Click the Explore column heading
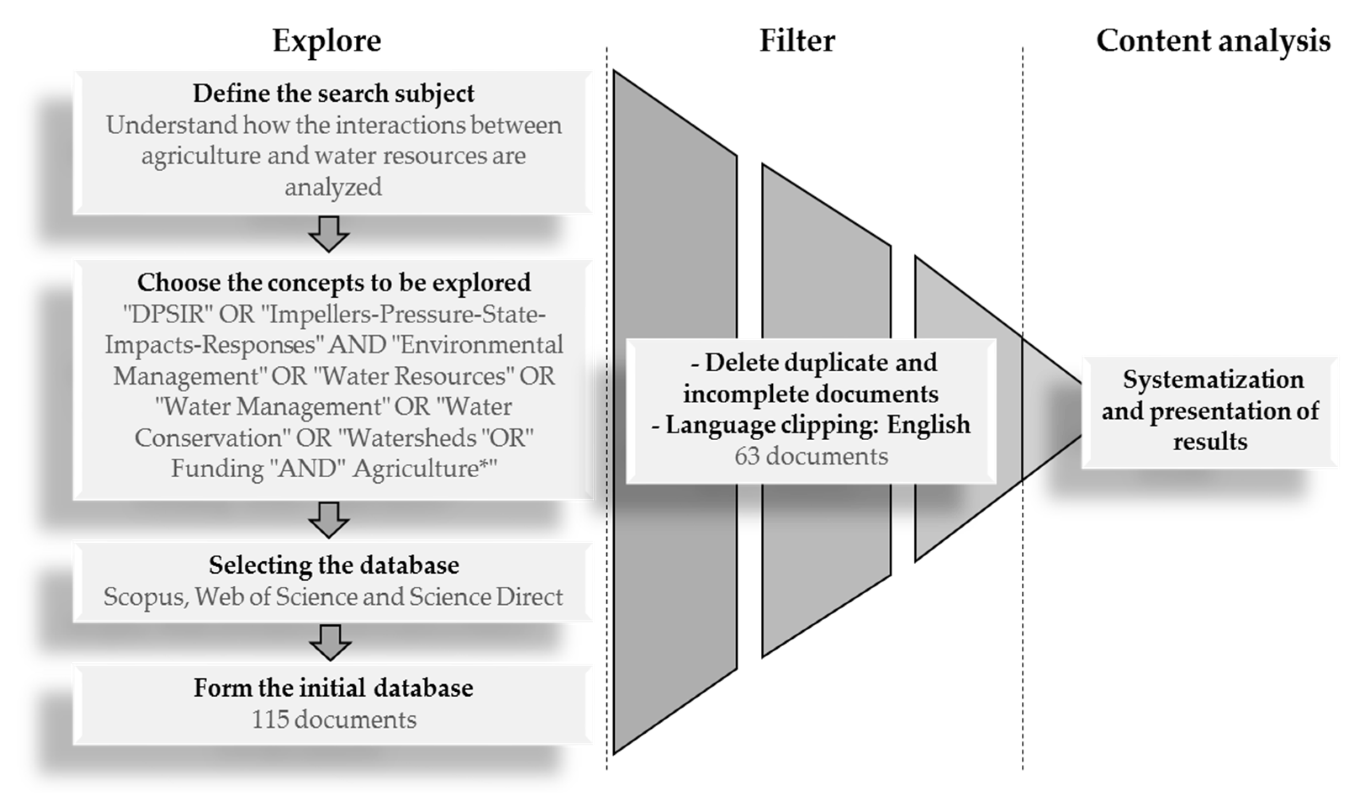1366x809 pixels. (327, 41)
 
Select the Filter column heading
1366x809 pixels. (797, 41)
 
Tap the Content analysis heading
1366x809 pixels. (1213, 41)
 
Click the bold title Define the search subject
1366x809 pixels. (333, 93)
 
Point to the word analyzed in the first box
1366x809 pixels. (333, 188)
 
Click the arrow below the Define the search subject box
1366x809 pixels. (329, 234)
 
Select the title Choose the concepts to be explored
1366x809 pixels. (333, 283)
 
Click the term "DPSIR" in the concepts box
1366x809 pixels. (167, 314)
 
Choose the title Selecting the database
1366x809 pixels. (333, 565)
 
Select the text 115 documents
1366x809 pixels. (333, 719)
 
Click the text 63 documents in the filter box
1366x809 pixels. (811, 456)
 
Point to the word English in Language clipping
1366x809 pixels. (928, 425)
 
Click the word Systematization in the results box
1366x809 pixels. (1213, 379)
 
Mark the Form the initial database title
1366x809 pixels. (333, 688)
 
